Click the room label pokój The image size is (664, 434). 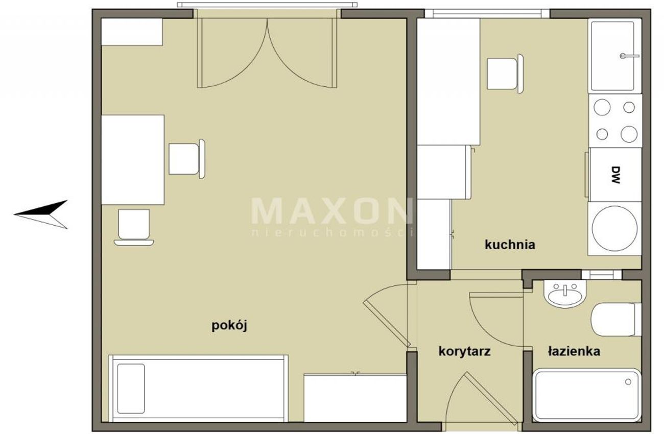coord(229,326)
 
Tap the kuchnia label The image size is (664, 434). coord(510,245)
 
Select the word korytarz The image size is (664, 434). coord(464,352)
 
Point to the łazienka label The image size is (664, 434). coord(574,351)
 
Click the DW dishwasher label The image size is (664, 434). coord(616,175)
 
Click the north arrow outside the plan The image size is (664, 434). coord(41,214)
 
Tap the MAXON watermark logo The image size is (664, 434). coord(331,211)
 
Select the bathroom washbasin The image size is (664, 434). coord(565,294)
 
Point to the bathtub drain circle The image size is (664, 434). coord(628,382)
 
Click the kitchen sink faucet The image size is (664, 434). coord(630,56)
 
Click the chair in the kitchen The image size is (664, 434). coord(505,74)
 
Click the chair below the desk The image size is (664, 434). coord(134,227)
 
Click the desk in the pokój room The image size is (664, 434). coord(133,160)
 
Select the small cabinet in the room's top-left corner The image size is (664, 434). coord(132,32)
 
